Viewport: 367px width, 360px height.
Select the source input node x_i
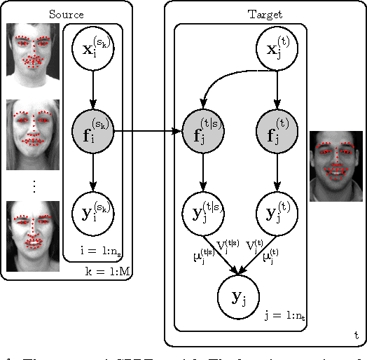[93, 50]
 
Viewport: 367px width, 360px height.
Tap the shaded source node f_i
[93, 130]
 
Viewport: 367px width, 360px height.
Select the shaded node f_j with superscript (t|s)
[204, 130]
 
